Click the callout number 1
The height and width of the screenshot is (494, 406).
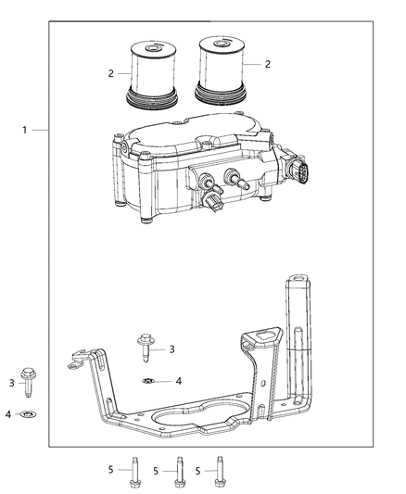25,130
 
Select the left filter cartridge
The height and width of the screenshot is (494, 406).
152,75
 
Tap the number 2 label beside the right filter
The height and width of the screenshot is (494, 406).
267,64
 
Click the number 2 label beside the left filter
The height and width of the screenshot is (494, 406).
111,74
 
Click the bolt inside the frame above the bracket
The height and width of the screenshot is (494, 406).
146,348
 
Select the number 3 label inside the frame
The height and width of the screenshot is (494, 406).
171,349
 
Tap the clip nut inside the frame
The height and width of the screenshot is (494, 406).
148,381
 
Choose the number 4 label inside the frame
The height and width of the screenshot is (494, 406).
179,381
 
